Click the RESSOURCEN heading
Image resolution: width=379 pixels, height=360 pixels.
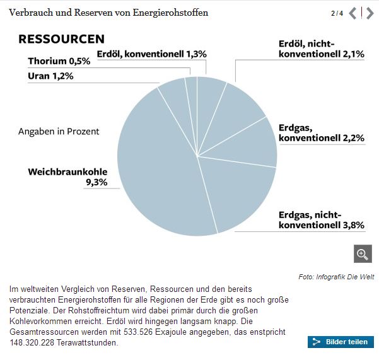(61, 39)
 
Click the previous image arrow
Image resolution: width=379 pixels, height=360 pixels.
(353, 13)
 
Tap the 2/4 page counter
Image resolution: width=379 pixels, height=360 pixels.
(337, 13)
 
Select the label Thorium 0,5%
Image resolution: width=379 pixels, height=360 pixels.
(59, 61)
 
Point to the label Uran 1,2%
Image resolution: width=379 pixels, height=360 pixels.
(51, 76)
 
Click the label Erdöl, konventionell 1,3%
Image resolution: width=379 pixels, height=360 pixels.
(151, 54)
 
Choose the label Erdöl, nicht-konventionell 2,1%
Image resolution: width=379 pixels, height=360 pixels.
(321, 49)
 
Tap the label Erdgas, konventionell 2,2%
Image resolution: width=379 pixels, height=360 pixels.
(321, 132)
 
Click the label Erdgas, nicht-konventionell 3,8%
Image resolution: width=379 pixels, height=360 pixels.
(321, 220)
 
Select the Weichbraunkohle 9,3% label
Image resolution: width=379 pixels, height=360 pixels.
(67, 177)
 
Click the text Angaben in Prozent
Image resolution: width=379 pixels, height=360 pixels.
(59, 131)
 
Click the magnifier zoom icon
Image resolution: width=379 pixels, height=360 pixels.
(362, 253)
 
